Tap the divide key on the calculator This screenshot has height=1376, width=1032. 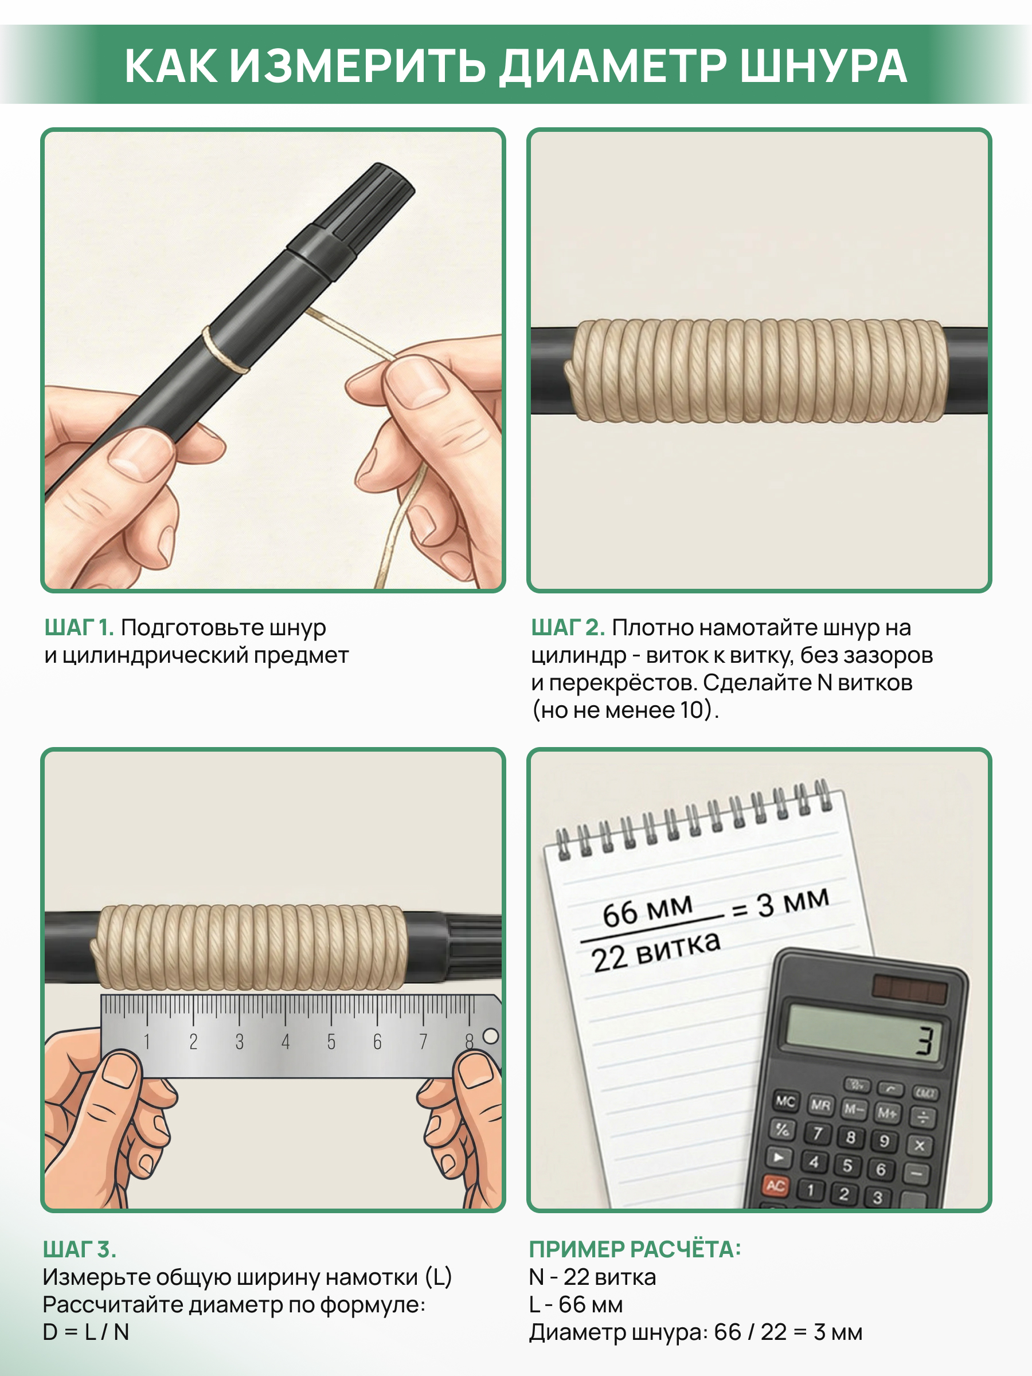point(923,1118)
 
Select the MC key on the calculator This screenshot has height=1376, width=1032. point(785,1102)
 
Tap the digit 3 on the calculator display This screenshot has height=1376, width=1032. point(925,1041)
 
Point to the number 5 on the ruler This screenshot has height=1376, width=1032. point(331,1042)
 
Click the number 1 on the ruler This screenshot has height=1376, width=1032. point(147,1041)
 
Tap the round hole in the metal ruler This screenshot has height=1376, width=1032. point(491,1036)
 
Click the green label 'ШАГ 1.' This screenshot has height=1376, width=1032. point(79,628)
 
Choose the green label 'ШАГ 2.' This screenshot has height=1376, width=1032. point(568,628)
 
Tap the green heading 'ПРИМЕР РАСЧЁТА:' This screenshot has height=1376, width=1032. point(635,1249)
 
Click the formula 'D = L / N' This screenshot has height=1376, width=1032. point(86,1332)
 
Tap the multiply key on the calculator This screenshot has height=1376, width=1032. point(920,1145)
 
